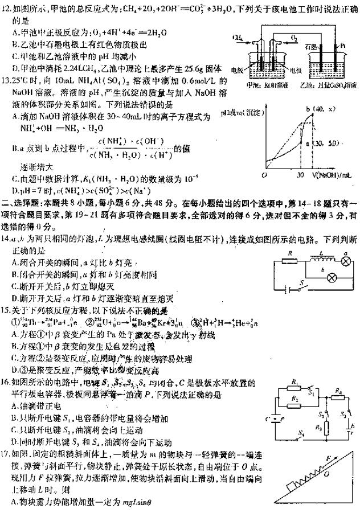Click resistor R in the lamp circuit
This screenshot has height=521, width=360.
tap(291, 261)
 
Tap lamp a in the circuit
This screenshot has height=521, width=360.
tap(344, 261)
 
